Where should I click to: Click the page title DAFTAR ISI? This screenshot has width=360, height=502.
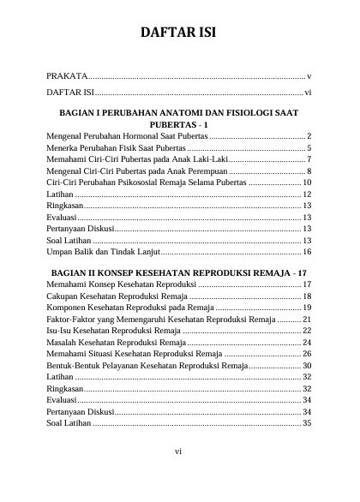[x=178, y=34]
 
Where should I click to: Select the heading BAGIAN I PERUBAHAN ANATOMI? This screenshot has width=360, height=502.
[x=178, y=113]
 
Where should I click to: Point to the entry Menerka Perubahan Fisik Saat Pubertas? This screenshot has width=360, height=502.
[x=118, y=148]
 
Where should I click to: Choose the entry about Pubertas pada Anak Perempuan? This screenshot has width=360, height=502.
[x=137, y=171]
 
